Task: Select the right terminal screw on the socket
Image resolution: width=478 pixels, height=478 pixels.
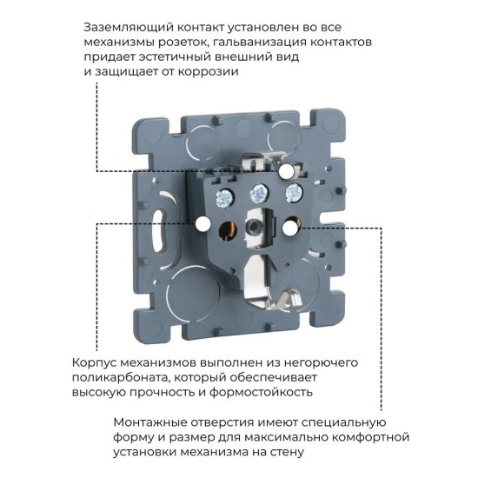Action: point(292,191)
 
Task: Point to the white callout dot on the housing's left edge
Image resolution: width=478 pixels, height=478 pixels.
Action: point(202,224)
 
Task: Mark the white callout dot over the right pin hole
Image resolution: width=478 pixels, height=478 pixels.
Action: point(288,225)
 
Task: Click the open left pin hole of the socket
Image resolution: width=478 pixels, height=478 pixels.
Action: point(229,229)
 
